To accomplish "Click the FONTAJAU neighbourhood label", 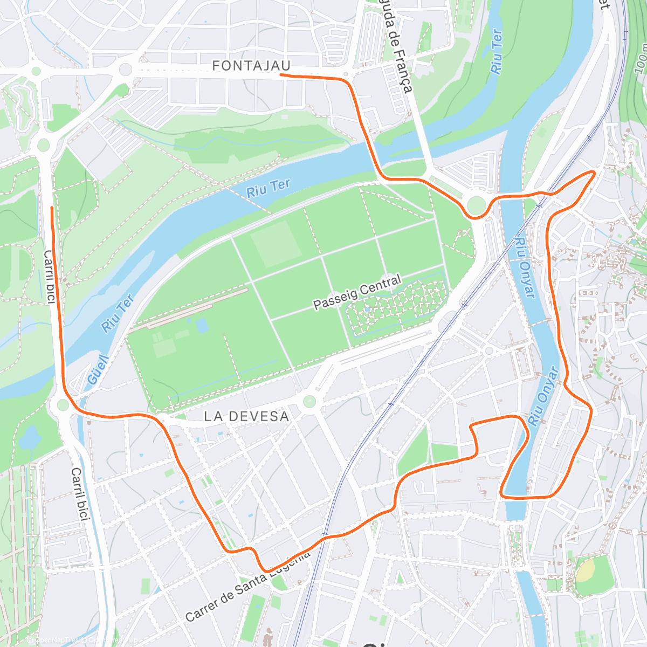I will (x=251, y=66).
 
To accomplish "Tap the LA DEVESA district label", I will (x=246, y=416).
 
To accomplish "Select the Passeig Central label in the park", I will (x=357, y=292).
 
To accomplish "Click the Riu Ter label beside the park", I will (x=268, y=188).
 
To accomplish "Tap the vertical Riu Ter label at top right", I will (x=497, y=52).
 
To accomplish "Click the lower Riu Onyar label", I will (x=542, y=396).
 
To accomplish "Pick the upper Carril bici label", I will (x=49, y=277).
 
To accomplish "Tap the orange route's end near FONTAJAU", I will (x=281, y=75).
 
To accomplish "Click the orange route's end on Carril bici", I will (x=52, y=208).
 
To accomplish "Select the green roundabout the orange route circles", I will (x=477, y=205).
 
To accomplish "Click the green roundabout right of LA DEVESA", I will (x=309, y=402).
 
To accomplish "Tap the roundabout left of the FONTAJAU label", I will (x=126, y=69).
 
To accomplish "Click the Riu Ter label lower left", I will (x=117, y=313).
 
